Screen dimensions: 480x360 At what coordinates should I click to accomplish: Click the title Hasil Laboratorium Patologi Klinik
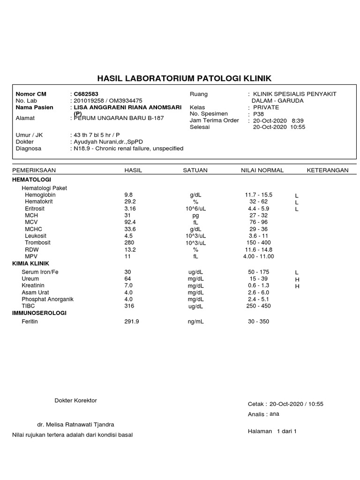[184, 78]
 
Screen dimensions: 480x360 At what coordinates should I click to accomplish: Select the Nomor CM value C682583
[86, 94]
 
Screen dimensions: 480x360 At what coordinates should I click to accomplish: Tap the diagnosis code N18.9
[82, 149]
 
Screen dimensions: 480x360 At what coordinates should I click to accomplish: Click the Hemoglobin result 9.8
[128, 195]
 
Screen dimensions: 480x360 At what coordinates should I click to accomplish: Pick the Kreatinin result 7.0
[128, 285]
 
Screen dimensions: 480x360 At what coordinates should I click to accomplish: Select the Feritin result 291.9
[131, 322]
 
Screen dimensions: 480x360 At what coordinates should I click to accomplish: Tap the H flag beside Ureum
[297, 279]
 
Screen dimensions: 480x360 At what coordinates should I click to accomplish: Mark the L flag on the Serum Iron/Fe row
[297, 272]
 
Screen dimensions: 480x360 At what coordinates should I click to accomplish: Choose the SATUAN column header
[195, 170]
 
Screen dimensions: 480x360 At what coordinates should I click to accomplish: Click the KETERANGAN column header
[328, 170]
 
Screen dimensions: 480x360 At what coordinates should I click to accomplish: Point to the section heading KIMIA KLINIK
[30, 263]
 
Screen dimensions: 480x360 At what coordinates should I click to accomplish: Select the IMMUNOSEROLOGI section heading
[39, 313]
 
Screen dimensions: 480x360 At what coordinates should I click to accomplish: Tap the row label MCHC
[33, 229]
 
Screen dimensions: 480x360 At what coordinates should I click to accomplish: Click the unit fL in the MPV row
[195, 256]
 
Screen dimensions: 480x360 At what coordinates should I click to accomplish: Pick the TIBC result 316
[129, 306]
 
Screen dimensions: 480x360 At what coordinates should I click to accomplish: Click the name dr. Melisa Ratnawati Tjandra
[76, 425]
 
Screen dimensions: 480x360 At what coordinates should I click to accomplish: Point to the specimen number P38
[258, 114]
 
